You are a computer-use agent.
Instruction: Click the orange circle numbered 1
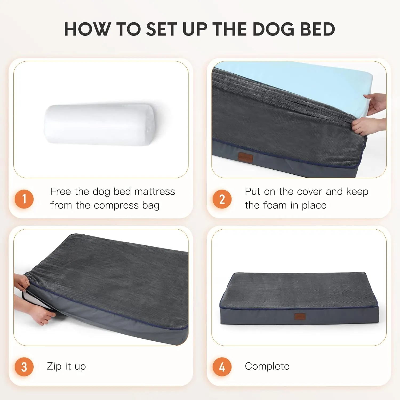click(24, 199)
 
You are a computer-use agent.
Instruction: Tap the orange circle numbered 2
click(222, 199)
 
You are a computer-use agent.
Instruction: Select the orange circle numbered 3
click(24, 367)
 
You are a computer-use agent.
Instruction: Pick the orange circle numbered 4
click(222, 367)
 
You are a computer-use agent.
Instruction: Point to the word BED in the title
click(318, 29)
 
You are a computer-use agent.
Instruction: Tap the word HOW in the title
click(87, 29)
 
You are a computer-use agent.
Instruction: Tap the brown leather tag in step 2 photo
click(245, 157)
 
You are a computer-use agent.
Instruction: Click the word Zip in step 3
click(54, 366)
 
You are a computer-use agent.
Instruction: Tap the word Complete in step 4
click(267, 366)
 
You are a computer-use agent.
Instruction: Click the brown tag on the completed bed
click(300, 317)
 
